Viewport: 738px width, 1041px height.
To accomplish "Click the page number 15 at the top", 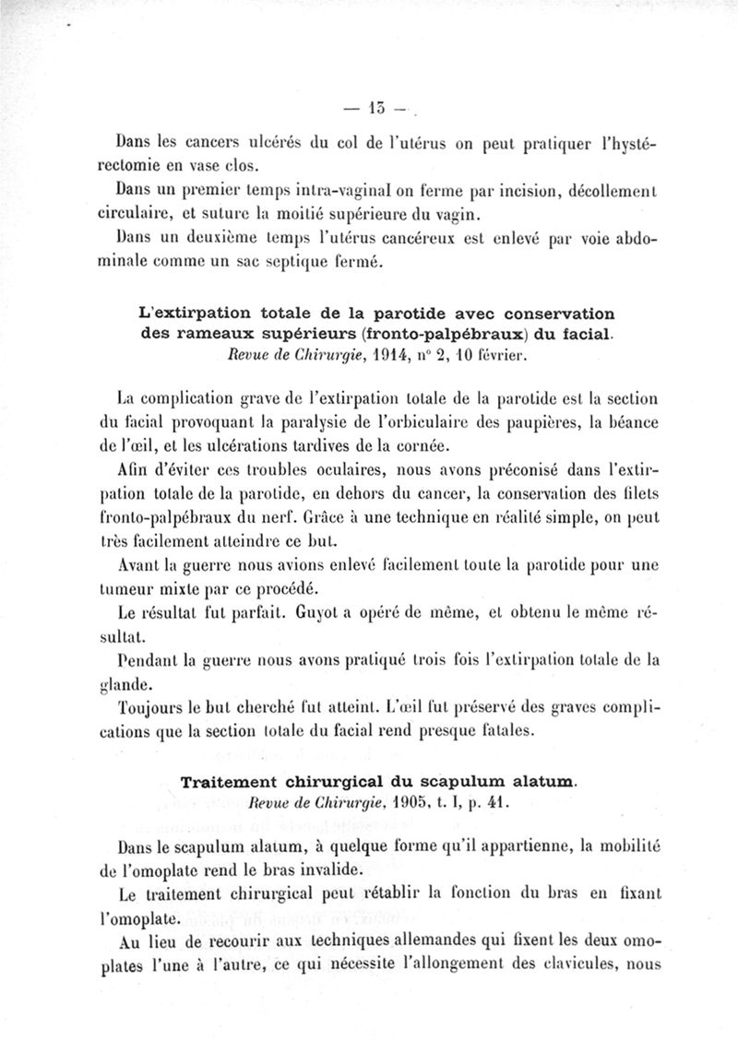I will click(x=379, y=108).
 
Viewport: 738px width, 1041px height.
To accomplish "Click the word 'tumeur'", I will click(x=146, y=588).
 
